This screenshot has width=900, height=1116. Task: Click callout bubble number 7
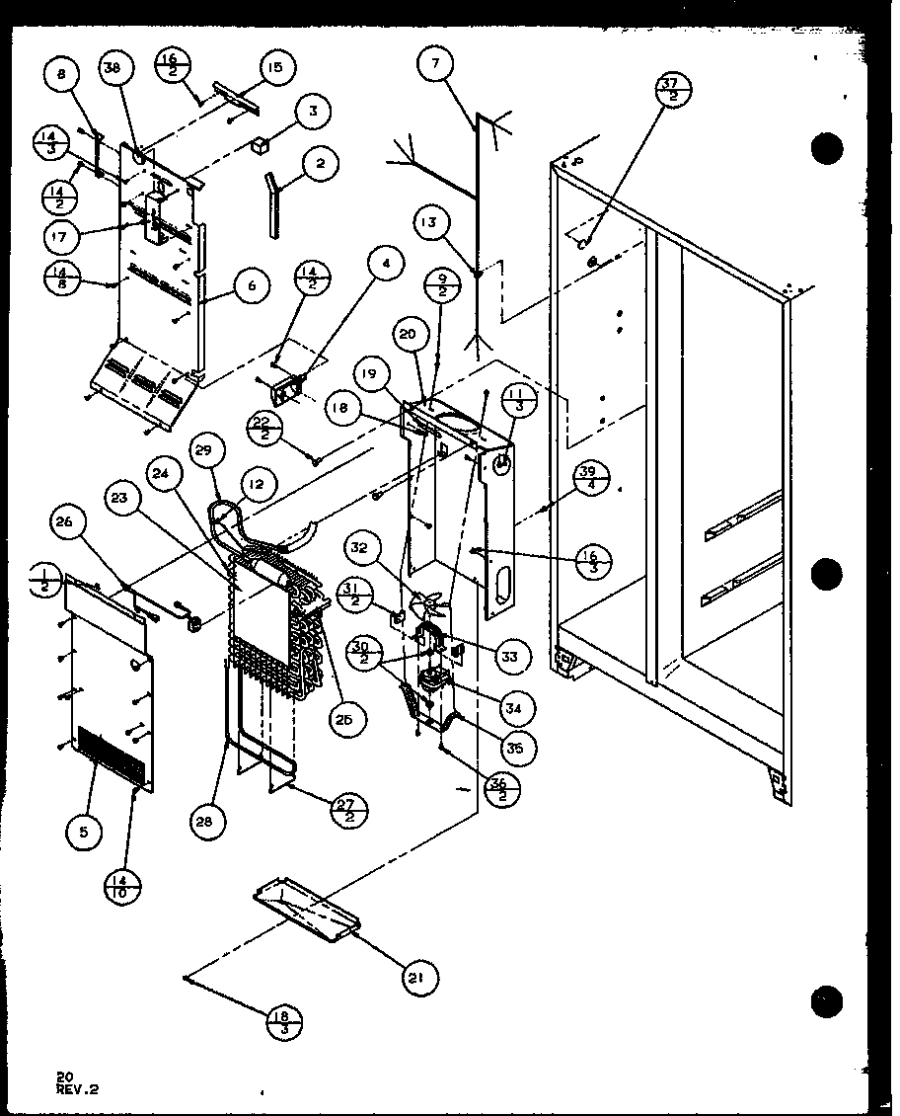click(x=435, y=66)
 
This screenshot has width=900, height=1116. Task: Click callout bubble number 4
click(x=386, y=265)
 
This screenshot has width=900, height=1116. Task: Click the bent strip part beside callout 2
click(x=270, y=203)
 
